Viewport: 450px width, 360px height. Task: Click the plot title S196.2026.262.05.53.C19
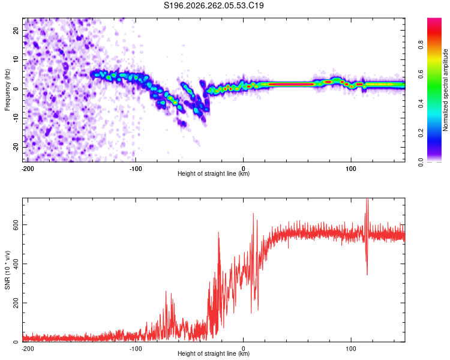[214, 5]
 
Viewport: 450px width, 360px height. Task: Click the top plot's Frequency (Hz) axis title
[7, 90]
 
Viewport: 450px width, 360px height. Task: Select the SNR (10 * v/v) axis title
[7, 270]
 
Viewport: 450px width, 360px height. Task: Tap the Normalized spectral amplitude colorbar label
[445, 90]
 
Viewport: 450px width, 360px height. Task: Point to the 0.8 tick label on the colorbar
[421, 45]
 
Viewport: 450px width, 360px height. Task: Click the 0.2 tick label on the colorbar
[421, 133]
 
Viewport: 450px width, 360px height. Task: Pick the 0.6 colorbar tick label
[421, 74]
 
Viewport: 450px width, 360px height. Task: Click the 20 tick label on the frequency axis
[16, 31]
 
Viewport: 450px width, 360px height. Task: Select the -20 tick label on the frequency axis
[16, 147]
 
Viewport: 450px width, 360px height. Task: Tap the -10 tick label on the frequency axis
[16, 118]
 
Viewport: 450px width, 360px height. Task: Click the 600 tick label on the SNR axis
[16, 224]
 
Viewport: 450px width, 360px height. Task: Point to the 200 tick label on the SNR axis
[16, 303]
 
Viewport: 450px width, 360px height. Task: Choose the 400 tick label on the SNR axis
[16, 264]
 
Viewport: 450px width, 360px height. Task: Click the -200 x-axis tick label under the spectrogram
[28, 169]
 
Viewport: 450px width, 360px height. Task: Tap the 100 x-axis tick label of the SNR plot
[351, 349]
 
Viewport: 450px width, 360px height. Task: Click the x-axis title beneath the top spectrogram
[214, 173]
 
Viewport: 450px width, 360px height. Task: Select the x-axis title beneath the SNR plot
[214, 353]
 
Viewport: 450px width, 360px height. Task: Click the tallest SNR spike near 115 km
[367, 199]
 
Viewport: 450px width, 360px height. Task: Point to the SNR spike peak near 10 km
[253, 214]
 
